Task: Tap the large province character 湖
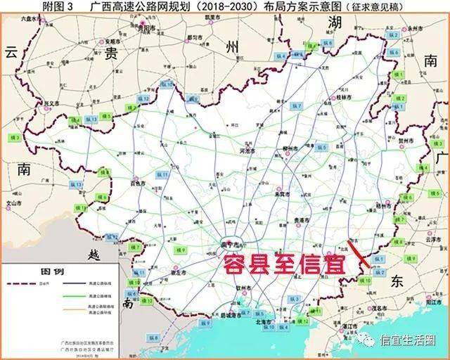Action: (335, 23)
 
